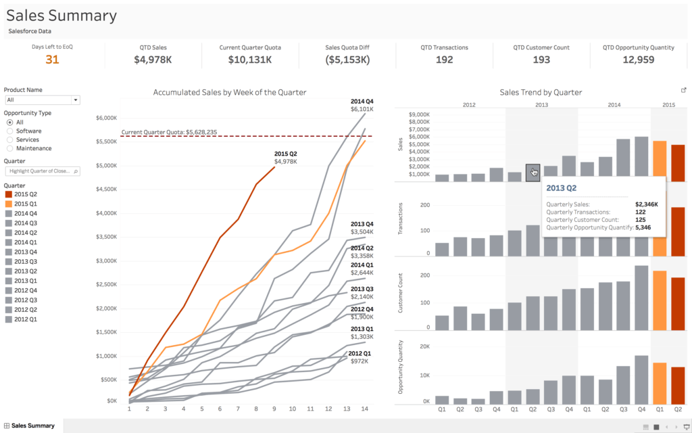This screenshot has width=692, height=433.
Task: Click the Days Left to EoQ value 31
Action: [x=52, y=60]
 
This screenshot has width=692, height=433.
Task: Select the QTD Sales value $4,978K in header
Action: [x=153, y=60]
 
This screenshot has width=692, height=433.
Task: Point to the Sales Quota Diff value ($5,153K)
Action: [x=347, y=60]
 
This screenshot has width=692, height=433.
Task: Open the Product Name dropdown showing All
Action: [x=42, y=99]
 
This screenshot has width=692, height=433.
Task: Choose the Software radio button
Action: [x=10, y=131]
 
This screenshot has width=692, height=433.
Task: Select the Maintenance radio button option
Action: [x=10, y=148]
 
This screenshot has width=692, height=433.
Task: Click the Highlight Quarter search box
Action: [x=42, y=171]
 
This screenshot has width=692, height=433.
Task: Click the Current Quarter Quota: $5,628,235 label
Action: [x=169, y=132]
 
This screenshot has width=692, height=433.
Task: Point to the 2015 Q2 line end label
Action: [x=285, y=158]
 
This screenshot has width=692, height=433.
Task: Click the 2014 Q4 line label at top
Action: [x=362, y=105]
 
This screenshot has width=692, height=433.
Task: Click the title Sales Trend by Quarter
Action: [x=541, y=92]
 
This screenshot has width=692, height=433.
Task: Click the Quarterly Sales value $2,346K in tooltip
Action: [x=647, y=204]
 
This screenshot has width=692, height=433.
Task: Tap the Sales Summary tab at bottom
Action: [x=32, y=426]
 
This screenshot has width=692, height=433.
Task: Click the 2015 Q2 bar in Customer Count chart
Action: [x=678, y=304]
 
